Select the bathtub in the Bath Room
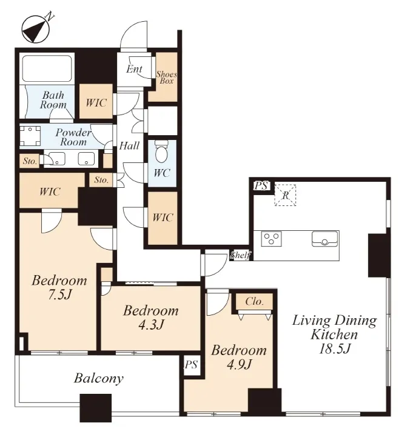click(x=47, y=68)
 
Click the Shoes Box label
click(x=167, y=78)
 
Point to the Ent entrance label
click(x=134, y=69)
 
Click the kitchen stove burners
click(x=271, y=239)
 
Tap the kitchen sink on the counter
click(x=324, y=239)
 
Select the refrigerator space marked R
click(x=286, y=195)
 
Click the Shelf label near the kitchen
click(x=240, y=255)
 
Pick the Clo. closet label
click(x=255, y=302)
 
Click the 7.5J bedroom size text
click(x=59, y=294)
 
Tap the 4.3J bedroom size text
click(x=151, y=325)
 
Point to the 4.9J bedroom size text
click(x=239, y=364)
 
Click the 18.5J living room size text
click(x=335, y=349)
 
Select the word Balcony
click(x=99, y=379)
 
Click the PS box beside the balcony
click(x=192, y=365)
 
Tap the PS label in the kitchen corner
click(x=261, y=186)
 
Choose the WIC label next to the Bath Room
click(x=96, y=103)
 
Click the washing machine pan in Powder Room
click(x=30, y=136)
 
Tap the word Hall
click(x=129, y=145)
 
